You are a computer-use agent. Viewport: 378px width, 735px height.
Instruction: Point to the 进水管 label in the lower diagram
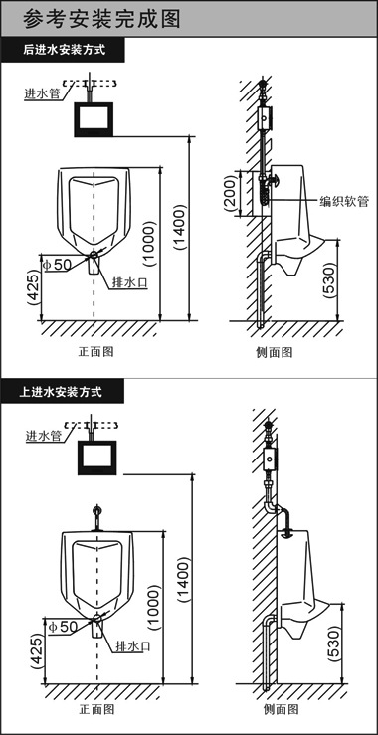(44, 436)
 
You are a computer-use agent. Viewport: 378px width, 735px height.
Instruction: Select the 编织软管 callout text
(344, 201)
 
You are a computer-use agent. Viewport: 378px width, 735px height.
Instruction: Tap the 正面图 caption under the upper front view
(96, 352)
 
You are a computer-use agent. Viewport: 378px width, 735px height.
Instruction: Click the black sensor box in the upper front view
(96, 116)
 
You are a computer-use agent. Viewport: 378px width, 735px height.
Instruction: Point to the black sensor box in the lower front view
(97, 459)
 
